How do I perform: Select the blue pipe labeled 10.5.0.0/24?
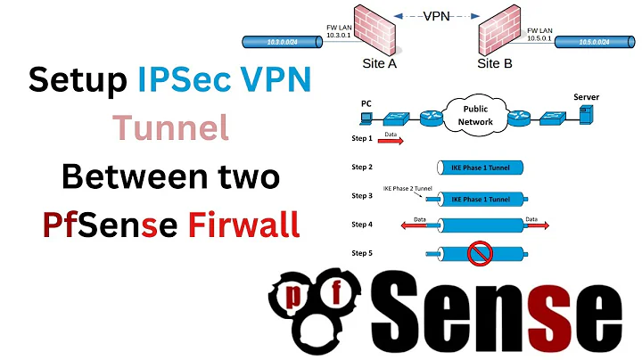(592, 41)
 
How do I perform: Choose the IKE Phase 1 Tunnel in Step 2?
(480, 168)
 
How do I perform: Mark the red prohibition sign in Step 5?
(480, 255)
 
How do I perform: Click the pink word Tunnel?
(170, 129)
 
